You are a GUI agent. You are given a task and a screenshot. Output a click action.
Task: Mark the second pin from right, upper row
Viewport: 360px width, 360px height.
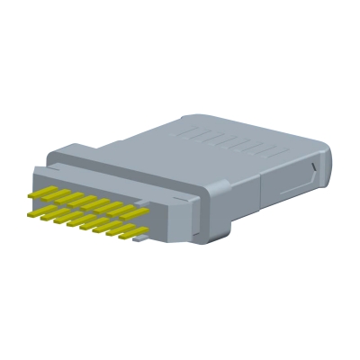coord(121,207)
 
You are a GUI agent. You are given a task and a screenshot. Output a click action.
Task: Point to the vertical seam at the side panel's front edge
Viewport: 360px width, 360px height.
coord(261,189)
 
